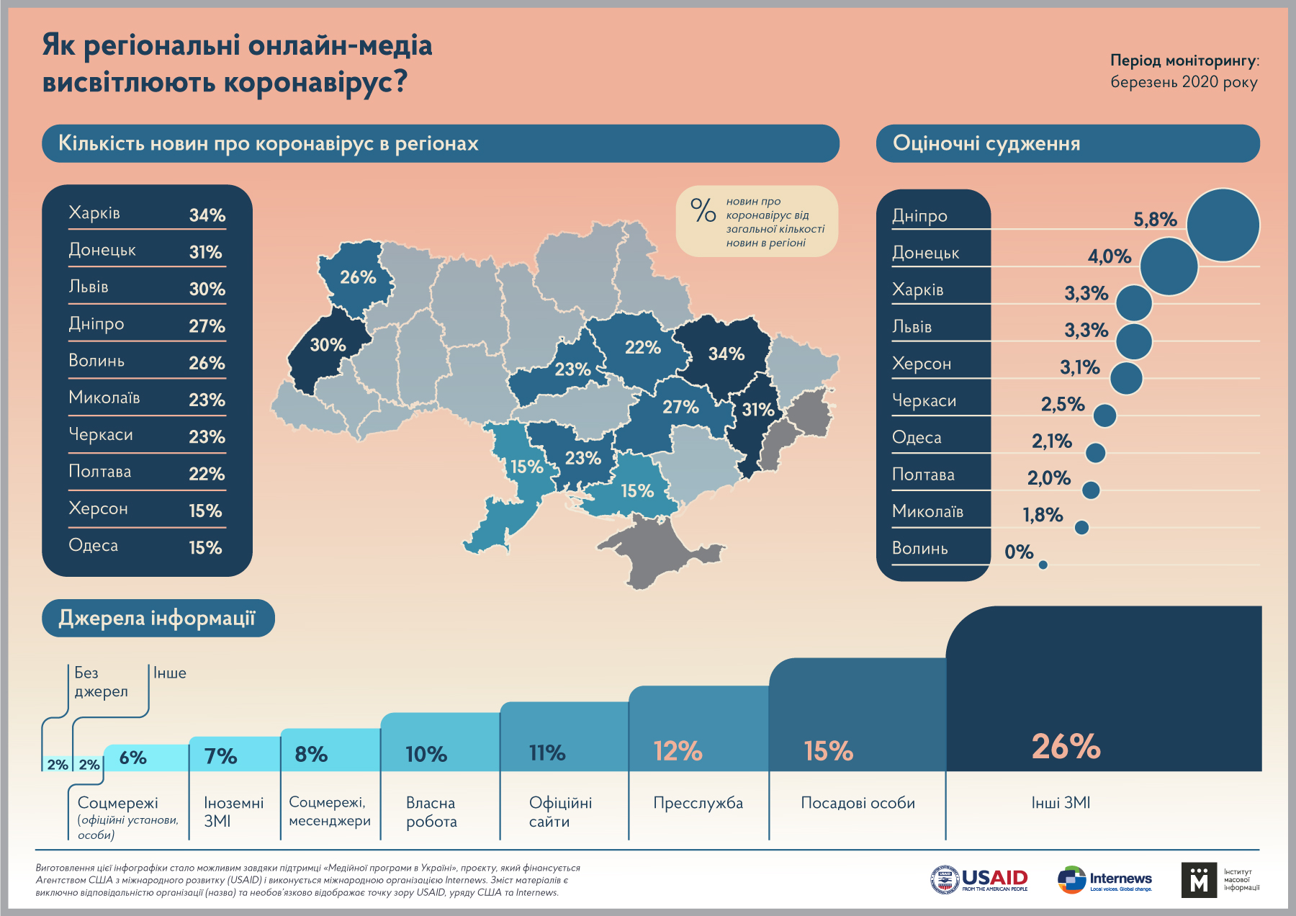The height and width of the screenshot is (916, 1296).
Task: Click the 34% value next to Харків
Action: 207,215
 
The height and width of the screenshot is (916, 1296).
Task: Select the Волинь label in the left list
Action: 96,361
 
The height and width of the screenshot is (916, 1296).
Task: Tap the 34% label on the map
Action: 726,354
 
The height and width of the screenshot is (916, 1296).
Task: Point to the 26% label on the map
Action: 358,277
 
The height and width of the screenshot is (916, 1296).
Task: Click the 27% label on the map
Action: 680,407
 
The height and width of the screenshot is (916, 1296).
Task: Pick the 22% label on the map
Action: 642,347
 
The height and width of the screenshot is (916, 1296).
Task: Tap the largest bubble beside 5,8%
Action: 1223,225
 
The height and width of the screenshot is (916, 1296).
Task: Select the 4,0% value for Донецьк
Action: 1109,256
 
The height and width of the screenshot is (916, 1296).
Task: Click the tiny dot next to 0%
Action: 1043,565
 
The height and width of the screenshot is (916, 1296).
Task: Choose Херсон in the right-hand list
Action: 922,364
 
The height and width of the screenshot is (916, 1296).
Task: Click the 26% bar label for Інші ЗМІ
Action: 1066,747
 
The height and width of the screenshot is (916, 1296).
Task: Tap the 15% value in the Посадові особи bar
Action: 828,751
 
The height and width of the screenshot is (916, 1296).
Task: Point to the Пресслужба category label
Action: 698,803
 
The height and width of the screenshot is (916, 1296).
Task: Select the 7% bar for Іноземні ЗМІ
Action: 220,755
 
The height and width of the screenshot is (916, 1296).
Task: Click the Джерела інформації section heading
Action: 158,618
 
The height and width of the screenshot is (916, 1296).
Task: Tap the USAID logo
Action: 979,879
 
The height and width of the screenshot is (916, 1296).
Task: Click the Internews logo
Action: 1104,879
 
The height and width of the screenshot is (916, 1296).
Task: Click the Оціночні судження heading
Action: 986,143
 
